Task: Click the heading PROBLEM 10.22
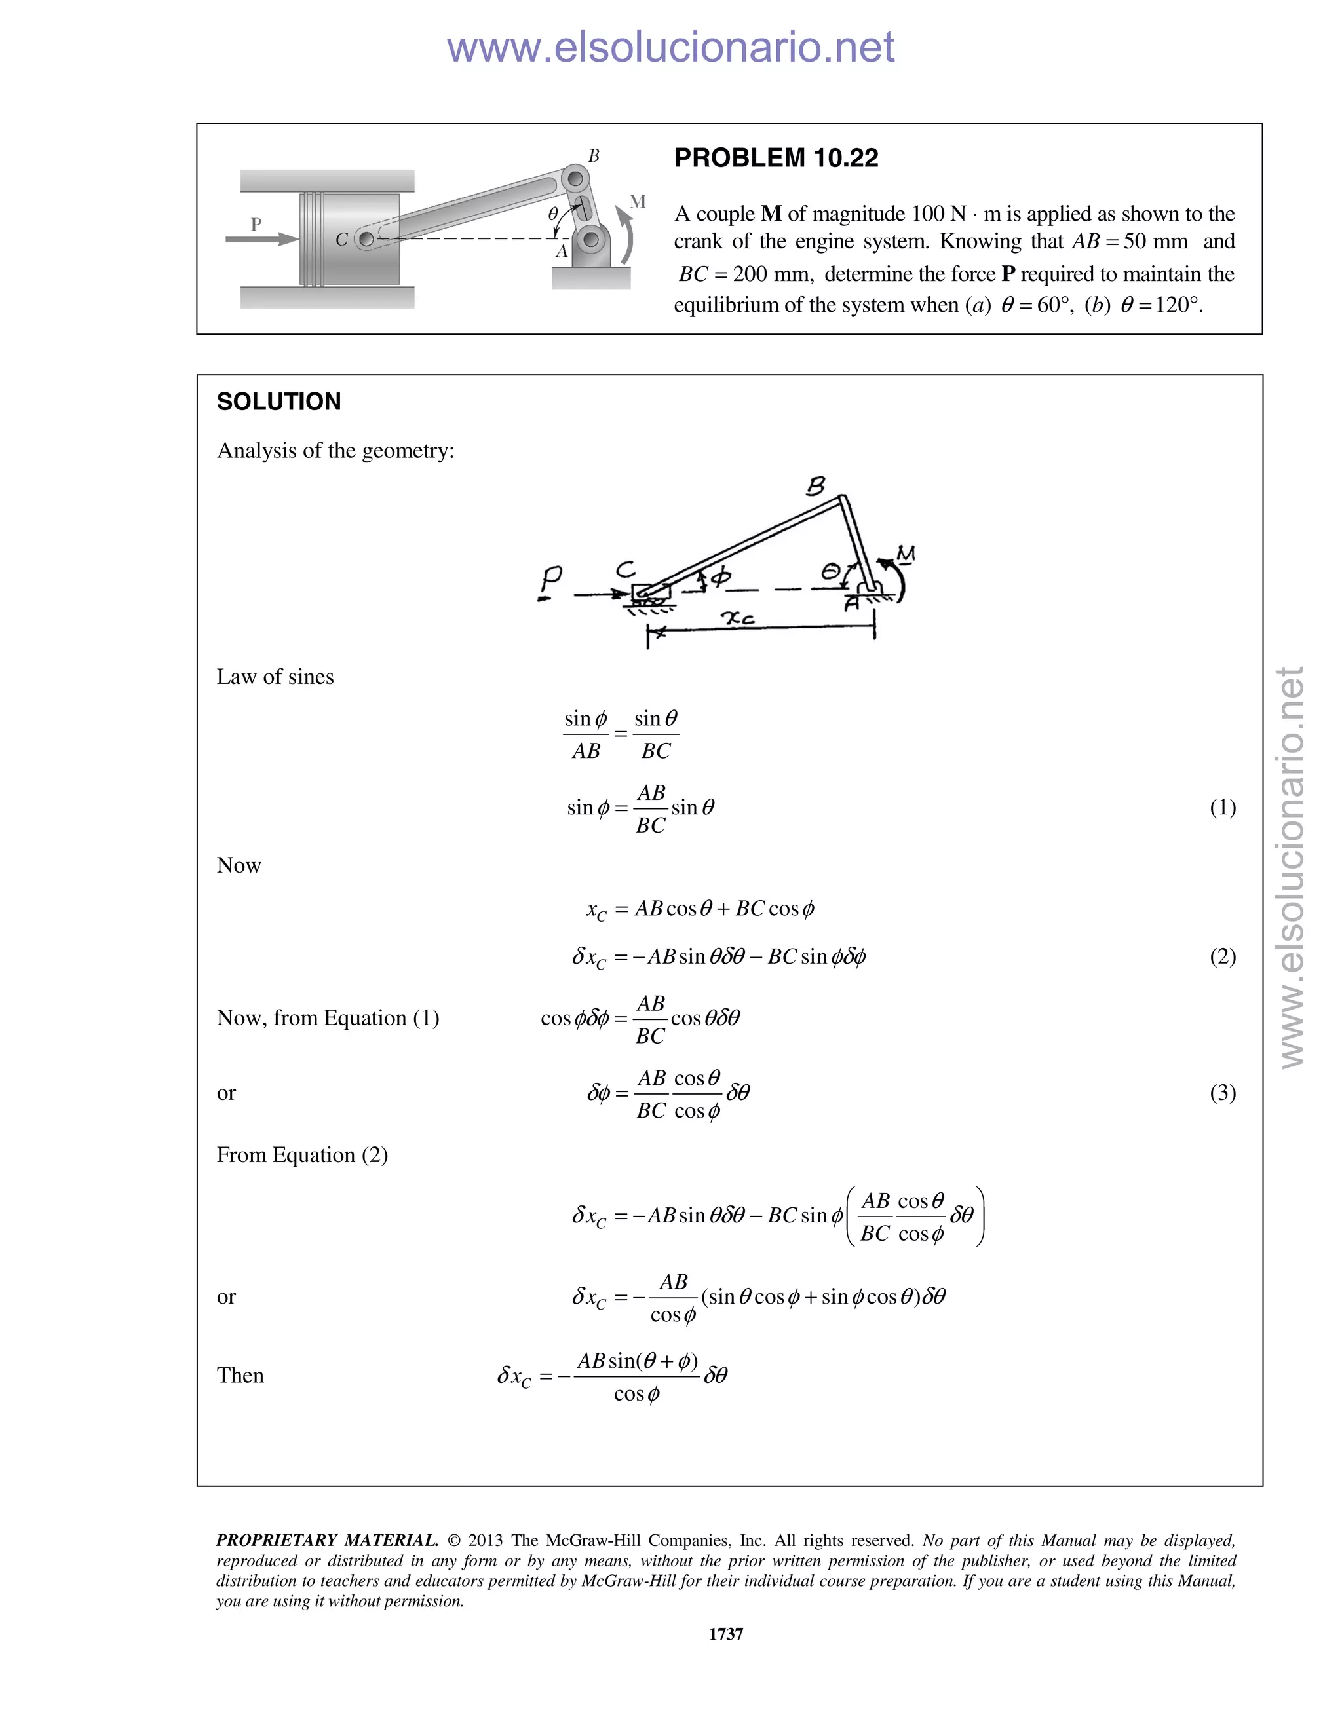click(775, 158)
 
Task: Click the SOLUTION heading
click(278, 402)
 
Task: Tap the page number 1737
click(725, 1633)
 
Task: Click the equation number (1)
click(1222, 808)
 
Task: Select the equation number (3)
click(1222, 1093)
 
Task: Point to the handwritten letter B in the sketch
click(816, 485)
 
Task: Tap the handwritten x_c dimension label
click(737, 618)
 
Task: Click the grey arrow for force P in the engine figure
click(261, 238)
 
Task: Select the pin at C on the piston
click(366, 238)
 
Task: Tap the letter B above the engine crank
click(593, 156)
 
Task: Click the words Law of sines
click(275, 677)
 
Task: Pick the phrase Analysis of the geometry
click(335, 451)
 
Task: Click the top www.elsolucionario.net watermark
click(670, 47)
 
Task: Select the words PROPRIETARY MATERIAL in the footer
click(327, 1541)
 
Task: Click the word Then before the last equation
click(240, 1376)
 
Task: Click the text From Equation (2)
click(302, 1155)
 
